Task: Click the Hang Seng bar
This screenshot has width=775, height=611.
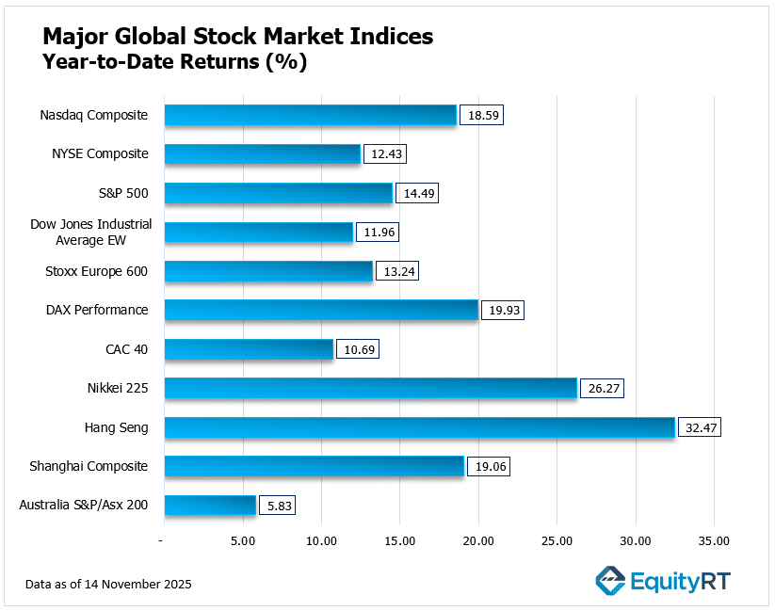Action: [419, 427]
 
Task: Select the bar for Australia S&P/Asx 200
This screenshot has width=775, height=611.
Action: [210, 506]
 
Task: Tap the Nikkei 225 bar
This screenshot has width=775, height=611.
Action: [370, 388]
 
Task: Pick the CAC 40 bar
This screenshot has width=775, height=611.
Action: [249, 349]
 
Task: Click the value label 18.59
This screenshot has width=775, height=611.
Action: [480, 116]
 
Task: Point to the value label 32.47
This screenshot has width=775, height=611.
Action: [699, 427]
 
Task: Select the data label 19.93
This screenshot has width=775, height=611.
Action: [501, 311]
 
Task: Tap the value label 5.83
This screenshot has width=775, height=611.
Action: [279, 506]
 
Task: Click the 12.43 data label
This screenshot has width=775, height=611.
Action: [384, 154]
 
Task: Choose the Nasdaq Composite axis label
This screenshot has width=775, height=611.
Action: [94, 115]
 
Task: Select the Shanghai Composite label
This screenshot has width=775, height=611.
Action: [97, 466]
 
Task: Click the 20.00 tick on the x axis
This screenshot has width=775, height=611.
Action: [478, 541]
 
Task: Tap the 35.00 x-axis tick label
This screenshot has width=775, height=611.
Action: [713, 541]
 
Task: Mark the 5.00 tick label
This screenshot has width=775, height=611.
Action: [243, 541]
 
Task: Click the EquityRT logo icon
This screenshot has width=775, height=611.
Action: [610, 581]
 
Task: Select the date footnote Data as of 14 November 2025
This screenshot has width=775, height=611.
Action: [109, 585]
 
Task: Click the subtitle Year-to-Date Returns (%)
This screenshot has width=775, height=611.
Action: [174, 63]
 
